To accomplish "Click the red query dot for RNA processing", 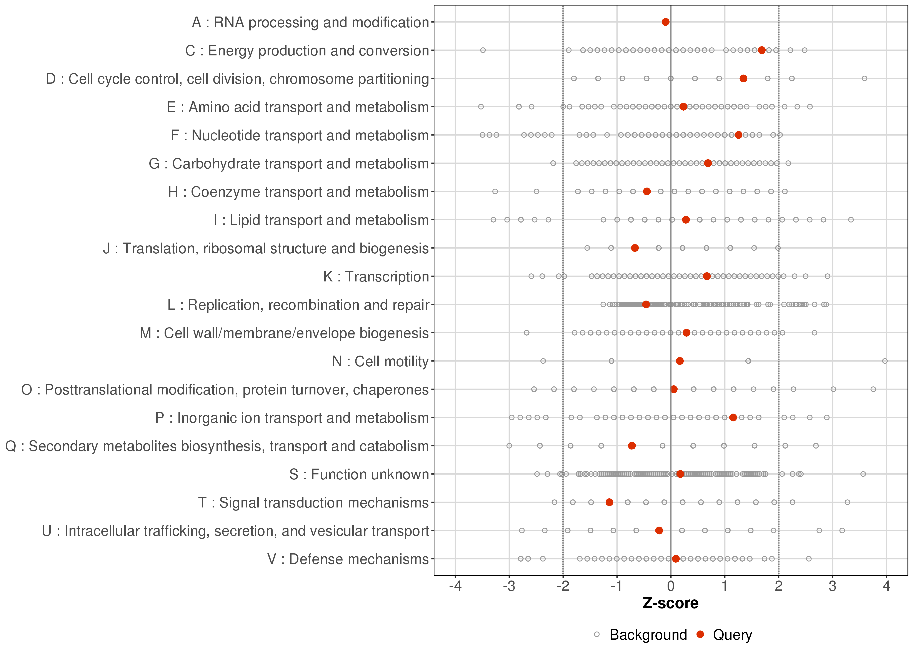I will (x=665, y=22).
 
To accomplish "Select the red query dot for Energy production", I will (x=761, y=50).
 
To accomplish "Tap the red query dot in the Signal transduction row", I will (x=609, y=502).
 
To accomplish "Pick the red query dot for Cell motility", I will (x=679, y=361).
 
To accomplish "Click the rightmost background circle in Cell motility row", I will (x=885, y=361).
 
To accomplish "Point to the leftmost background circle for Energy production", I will (x=483, y=50).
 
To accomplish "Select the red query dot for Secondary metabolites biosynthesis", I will (x=631, y=446).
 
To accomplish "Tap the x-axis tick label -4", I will (x=455, y=587).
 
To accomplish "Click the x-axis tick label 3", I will (x=832, y=587).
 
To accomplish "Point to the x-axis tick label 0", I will (x=670, y=587).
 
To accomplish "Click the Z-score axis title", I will (x=670, y=603).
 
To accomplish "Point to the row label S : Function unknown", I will (x=359, y=474).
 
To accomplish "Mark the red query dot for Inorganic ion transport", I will (x=733, y=417).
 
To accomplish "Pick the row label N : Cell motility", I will (x=380, y=361).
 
